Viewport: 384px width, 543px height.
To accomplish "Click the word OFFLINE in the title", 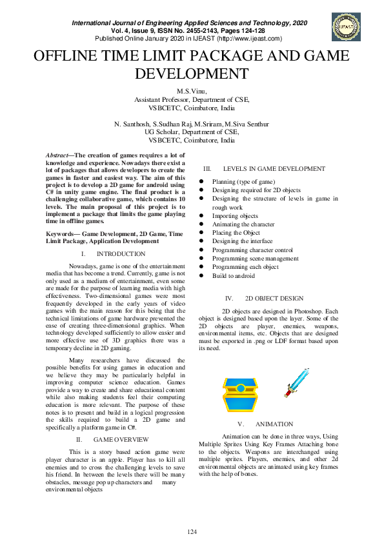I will tap(68, 55).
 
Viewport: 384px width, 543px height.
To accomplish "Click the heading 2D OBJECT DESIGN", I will tap(274, 299).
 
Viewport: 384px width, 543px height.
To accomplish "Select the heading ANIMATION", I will tap(274, 424).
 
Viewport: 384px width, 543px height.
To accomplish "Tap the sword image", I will tap(298, 382).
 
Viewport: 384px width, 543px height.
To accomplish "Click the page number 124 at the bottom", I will tap(192, 531).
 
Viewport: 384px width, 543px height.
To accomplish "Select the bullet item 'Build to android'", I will tap(234, 275).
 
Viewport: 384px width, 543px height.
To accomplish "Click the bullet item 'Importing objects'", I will tap(235, 216).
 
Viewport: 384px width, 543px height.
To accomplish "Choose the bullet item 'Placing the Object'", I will tap(236, 233).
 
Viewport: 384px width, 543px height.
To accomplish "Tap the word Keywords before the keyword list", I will tap(61, 233).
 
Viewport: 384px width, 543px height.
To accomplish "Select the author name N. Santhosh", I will tap(132, 123).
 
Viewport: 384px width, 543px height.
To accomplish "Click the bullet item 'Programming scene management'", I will tap(256, 259).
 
